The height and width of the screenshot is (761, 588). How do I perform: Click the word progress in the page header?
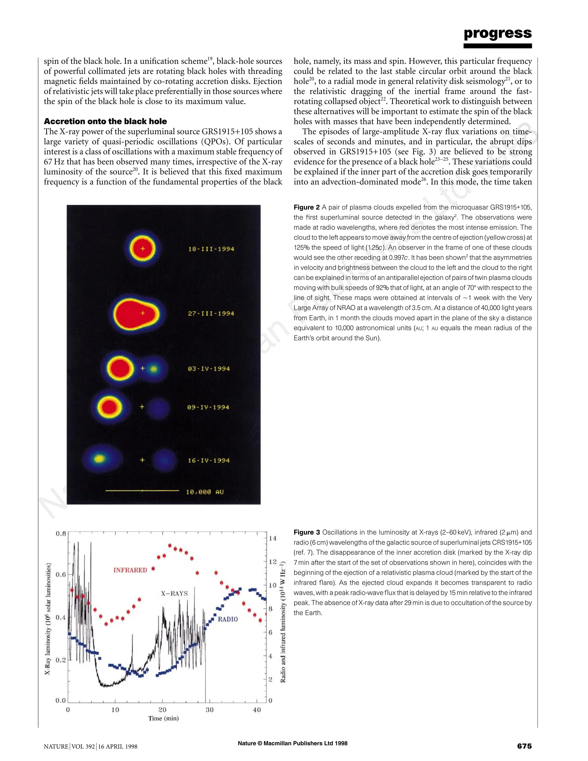498,33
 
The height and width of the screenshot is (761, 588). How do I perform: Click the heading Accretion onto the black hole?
105,121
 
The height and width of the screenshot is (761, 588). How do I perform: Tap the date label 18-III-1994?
211,249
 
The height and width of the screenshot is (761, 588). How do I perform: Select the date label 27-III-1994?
211,313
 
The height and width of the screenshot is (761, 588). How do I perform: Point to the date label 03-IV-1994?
209,369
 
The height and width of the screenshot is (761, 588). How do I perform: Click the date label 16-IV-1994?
209,460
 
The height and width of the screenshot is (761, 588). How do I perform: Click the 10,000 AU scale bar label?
205,492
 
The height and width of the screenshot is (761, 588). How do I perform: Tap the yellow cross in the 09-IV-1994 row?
142,407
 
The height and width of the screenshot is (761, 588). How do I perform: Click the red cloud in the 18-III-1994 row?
142,249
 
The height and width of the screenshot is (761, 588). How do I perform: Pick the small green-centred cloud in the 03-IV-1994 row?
154,369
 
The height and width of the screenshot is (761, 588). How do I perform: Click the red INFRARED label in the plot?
130,570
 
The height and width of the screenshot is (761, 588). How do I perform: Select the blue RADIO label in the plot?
228,619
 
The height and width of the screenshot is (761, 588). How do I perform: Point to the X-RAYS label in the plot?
174,593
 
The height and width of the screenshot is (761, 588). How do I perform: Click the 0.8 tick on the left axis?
61,534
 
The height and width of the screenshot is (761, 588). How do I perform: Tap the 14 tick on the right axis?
272,538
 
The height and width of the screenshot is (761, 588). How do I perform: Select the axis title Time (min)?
163,718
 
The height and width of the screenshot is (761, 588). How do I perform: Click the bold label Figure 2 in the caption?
307,207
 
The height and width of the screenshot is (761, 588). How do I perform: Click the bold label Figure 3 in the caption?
307,532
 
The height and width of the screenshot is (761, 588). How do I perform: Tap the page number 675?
524,746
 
